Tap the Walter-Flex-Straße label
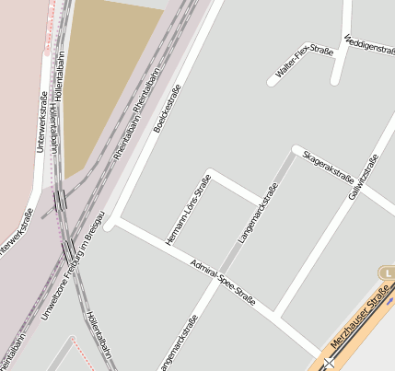pyautogui.click(x=304, y=61)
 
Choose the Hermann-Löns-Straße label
pyautogui.click(x=188, y=210)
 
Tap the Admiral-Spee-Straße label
pyautogui.click(x=222, y=282)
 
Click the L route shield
pyautogui.click(x=387, y=272)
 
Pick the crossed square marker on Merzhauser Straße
pyautogui.click(x=328, y=363)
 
